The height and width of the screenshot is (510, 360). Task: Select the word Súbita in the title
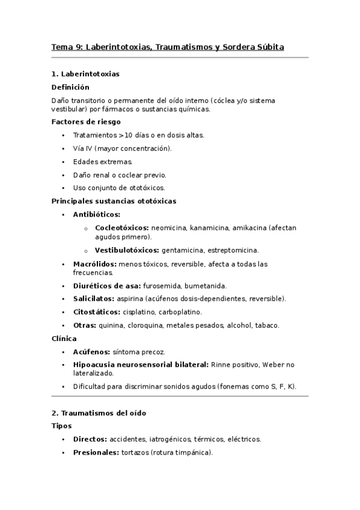[270, 46]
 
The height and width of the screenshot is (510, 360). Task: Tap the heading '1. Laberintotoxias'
[85, 74]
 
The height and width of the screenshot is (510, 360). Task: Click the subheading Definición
[71, 87]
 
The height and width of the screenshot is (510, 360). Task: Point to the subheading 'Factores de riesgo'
[86, 122]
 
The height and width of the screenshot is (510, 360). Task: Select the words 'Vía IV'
[81, 149]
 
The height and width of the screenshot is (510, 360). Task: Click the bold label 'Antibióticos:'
[96, 215]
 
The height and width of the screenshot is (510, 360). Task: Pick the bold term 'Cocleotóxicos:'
[122, 228]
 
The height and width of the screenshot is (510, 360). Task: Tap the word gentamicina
[182, 250]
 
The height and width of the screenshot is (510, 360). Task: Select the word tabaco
[267, 325]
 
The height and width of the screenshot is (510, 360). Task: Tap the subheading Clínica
[64, 339]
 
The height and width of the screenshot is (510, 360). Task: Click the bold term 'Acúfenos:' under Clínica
[92, 352]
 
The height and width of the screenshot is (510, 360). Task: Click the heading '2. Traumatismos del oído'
[99, 414]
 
